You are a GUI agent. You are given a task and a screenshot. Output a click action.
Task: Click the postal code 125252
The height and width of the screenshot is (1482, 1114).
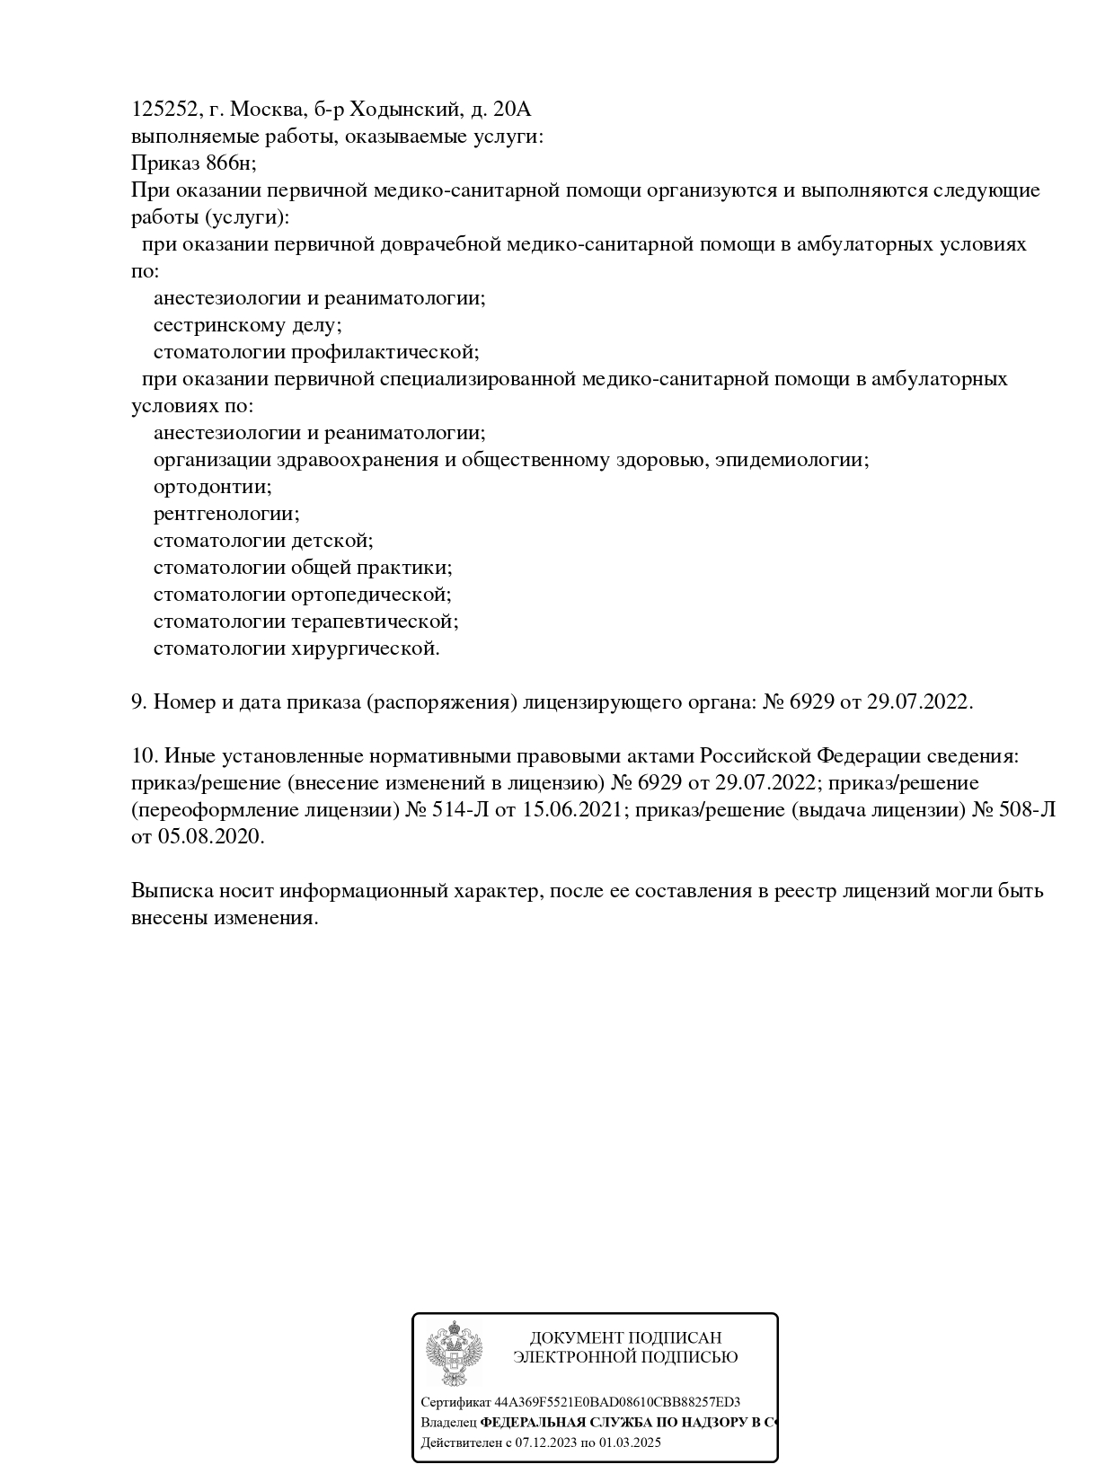pyautogui.click(x=164, y=110)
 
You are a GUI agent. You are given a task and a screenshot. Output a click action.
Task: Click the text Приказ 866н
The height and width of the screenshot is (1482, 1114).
pyautogui.click(x=193, y=163)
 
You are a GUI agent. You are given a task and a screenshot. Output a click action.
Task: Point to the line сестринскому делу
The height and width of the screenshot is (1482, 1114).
pyautogui.click(x=247, y=325)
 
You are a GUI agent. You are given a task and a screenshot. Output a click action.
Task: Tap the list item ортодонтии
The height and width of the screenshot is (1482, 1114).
pyautogui.click(x=212, y=487)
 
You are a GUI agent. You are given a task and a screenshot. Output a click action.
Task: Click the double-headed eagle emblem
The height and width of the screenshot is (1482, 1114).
pyautogui.click(x=454, y=1354)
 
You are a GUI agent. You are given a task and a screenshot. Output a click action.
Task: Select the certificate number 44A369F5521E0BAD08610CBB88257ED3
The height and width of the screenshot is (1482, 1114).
pyautogui.click(x=617, y=1402)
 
